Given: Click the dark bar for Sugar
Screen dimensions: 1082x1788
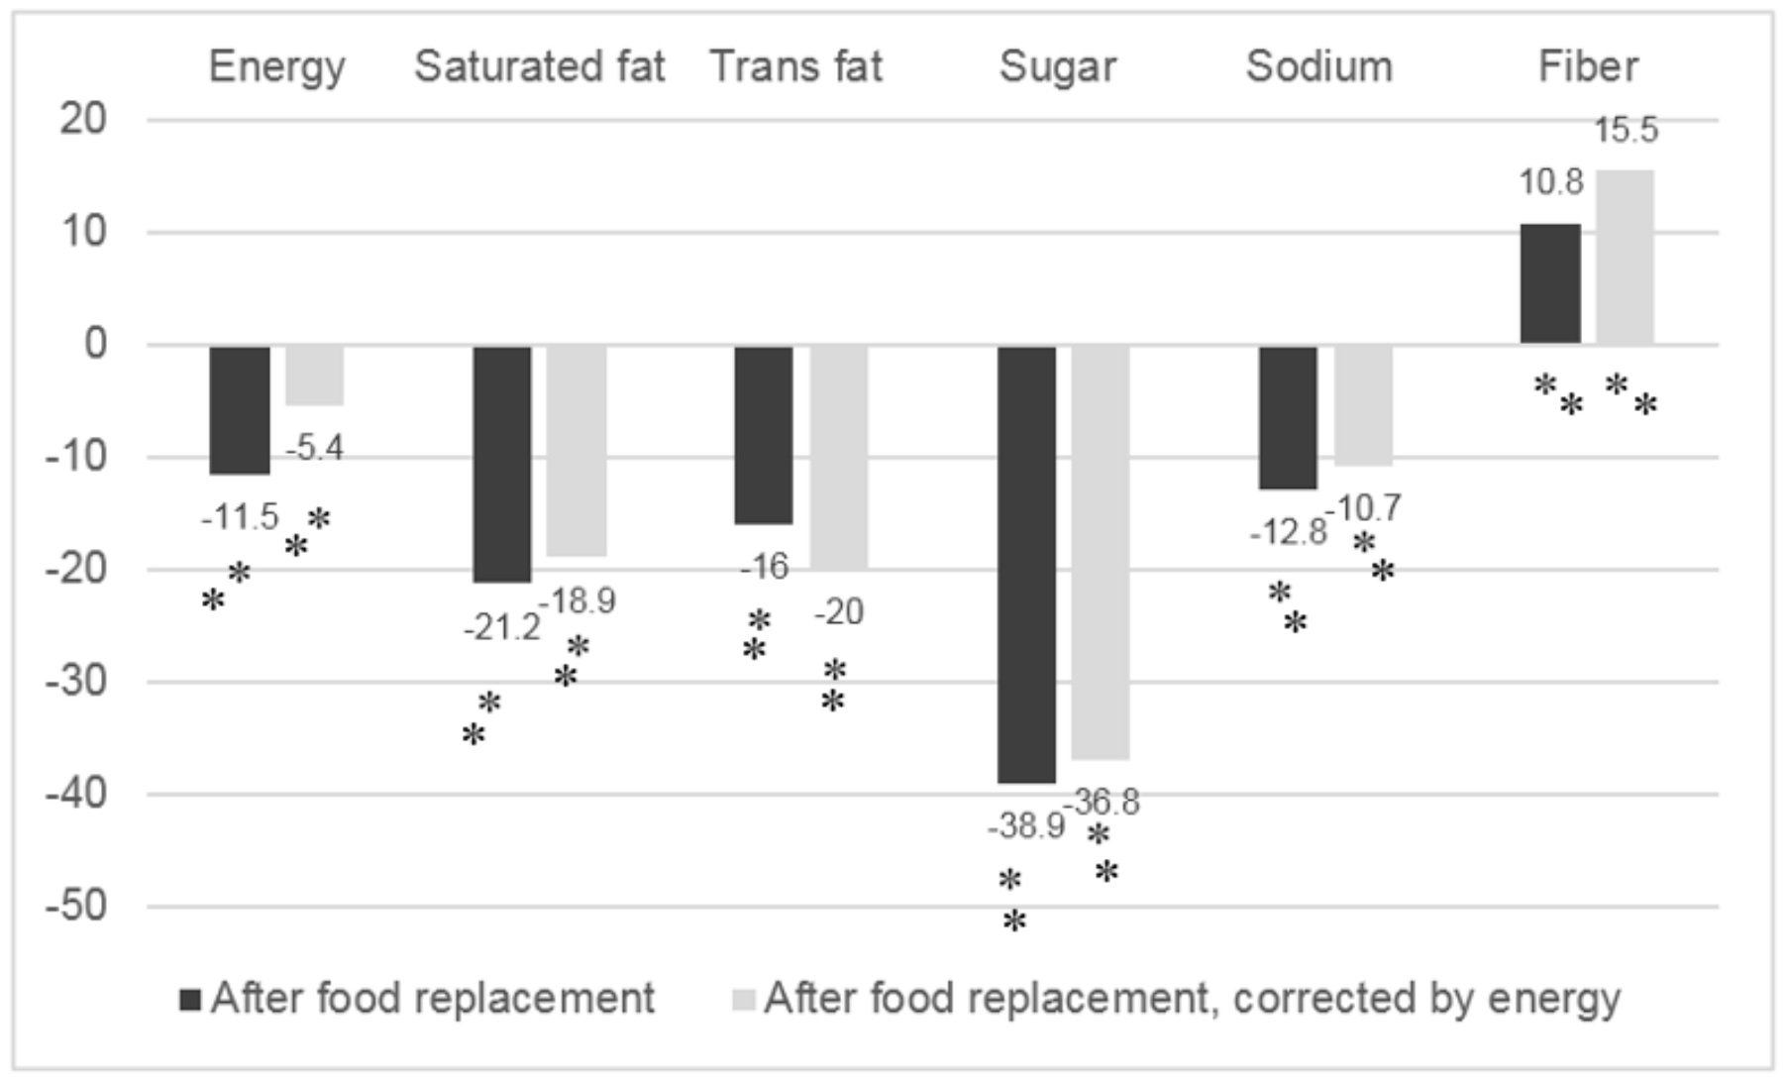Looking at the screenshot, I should [1026, 564].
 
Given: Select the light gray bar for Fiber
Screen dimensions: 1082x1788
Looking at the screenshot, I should [1625, 258].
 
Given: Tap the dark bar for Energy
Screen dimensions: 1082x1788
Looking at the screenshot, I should [240, 409].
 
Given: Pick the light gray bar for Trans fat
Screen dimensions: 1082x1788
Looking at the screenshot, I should [839, 457].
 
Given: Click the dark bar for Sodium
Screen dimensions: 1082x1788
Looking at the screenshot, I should [1288, 417].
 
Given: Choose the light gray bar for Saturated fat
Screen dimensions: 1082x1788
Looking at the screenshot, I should [577, 451].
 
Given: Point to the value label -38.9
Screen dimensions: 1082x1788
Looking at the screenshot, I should [1025, 825].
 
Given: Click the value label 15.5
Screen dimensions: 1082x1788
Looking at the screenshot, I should [1626, 130].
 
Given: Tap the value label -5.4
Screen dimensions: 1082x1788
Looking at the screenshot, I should [315, 449].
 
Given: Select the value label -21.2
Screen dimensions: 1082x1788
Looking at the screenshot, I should [502, 628].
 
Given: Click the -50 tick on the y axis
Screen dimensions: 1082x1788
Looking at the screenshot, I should [76, 906].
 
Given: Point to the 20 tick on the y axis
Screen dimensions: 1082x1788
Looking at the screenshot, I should [83, 120].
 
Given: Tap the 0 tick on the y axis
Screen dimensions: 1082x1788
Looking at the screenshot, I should [95, 344].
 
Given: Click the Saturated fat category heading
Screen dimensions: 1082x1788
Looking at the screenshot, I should [539, 67].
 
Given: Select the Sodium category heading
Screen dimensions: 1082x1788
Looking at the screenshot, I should [1318, 67].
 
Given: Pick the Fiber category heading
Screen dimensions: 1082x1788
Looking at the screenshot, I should [1588, 67].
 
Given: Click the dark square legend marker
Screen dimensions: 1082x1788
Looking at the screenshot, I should [190, 999].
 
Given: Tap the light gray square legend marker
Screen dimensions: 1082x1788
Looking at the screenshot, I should [743, 999].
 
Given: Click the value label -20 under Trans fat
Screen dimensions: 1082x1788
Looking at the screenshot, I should [839, 612].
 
